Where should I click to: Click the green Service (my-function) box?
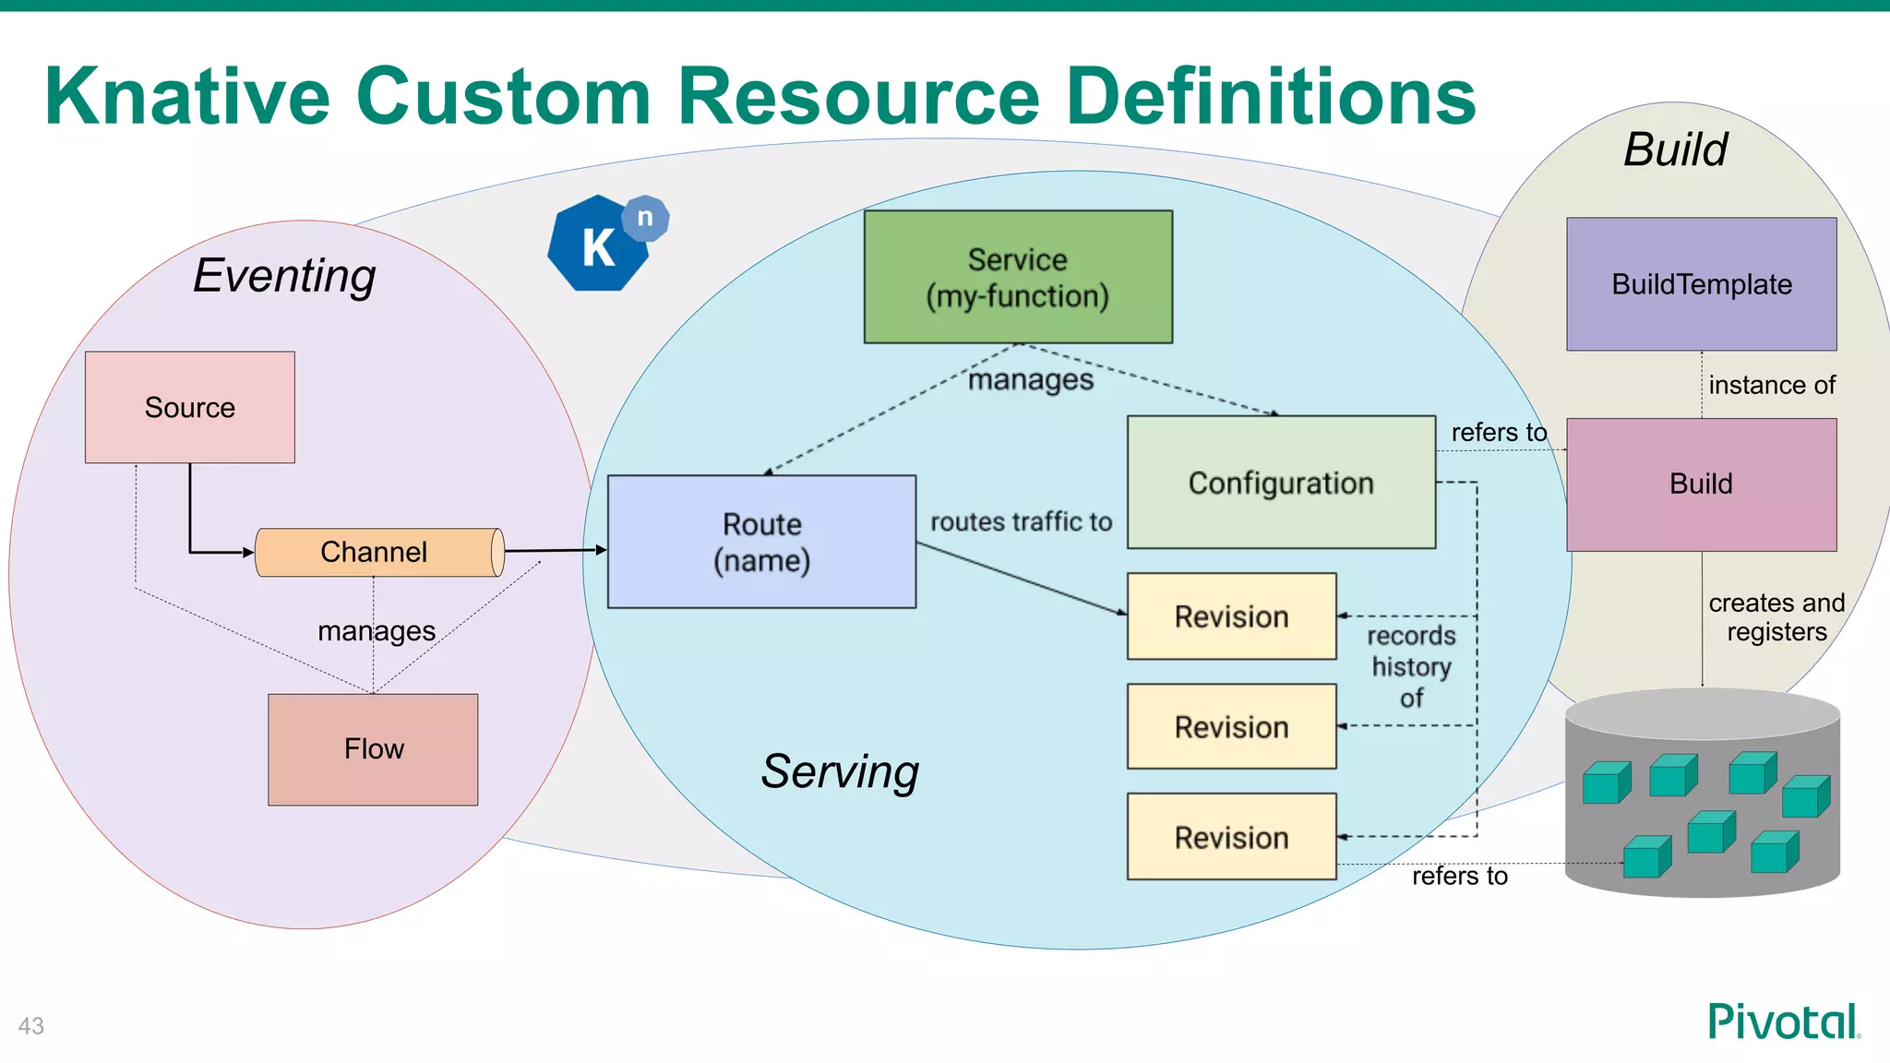[1018, 277]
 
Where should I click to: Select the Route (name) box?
[761, 542]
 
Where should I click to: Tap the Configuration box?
[1281, 483]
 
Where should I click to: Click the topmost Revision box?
[1231, 616]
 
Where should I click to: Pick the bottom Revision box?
[1231, 837]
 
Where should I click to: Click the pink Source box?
[189, 407]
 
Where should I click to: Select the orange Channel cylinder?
[378, 552]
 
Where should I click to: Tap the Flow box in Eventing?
[373, 749]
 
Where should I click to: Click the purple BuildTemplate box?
[1701, 284]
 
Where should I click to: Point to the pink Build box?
[1701, 484]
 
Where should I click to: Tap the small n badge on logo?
[645, 219]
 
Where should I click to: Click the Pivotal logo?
[1783, 1022]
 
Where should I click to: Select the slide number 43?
[31, 1026]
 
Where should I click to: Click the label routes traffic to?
[1021, 522]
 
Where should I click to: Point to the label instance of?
[1771, 385]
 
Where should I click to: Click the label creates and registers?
[1776, 617]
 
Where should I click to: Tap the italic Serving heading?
[840, 771]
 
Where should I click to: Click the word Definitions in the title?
[1270, 97]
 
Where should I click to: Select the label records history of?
[1411, 666]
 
